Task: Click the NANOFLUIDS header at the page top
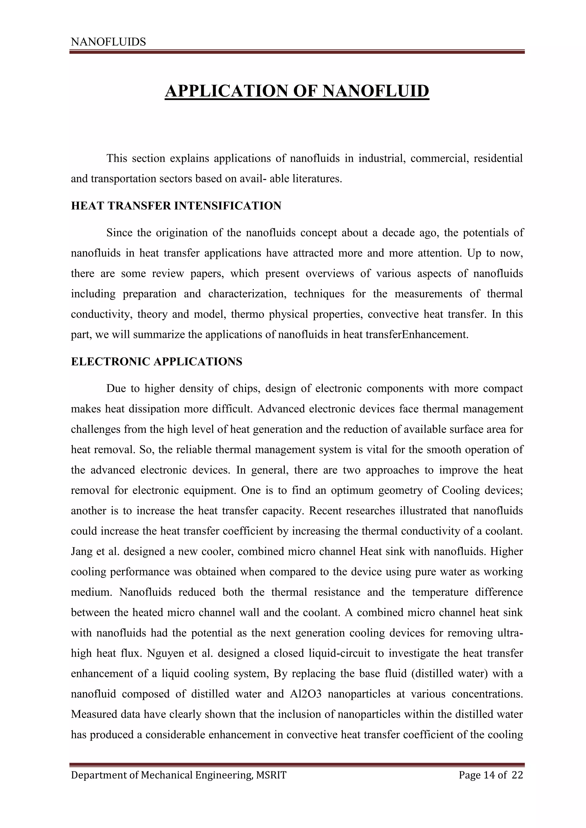pos(108,42)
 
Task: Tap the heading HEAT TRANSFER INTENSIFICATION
pos(176,206)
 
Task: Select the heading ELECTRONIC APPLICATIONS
pos(157,362)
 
